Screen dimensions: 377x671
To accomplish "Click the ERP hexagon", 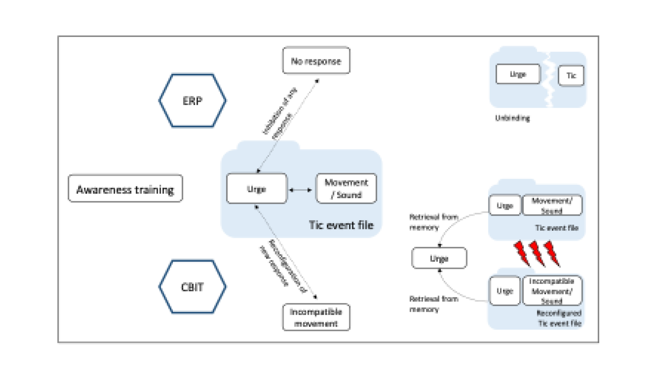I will pos(192,101).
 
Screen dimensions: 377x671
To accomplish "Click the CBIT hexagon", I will pos(192,287).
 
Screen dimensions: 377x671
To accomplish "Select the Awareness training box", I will pos(125,189).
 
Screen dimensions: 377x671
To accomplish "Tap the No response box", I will pos(316,61).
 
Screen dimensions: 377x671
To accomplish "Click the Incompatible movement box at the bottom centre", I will pos(316,317).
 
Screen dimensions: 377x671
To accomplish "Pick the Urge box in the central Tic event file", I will pos(257,189).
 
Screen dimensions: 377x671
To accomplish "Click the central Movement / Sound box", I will pos(346,188).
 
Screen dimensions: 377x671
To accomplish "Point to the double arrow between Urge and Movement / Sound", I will pos(300,190).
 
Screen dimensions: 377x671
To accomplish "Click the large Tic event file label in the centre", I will pos(341,225).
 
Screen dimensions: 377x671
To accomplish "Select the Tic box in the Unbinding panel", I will pos(571,75).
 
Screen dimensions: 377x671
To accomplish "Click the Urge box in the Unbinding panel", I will pos(518,74).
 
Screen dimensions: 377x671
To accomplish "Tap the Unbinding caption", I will pos(512,118).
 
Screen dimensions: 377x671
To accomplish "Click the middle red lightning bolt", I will pos(537,253).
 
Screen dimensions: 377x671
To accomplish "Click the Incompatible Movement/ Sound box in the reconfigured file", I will pos(552,291).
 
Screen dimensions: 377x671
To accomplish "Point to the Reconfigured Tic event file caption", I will pos(559,318).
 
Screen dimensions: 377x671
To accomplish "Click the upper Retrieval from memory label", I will pos(433,222).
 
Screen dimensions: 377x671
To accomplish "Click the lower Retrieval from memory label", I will pos(433,304).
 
